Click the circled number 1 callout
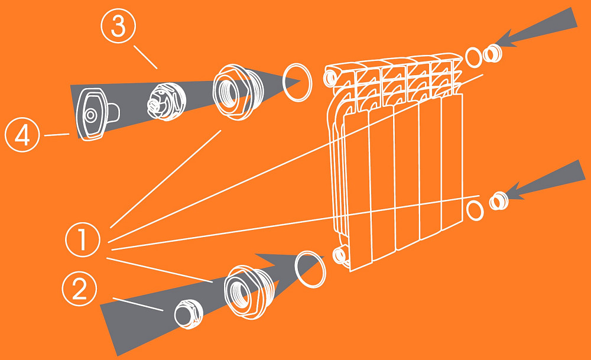click(83, 240)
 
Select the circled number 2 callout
click(80, 288)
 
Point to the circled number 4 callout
click(22, 134)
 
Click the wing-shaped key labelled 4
click(96, 115)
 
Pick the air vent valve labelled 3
click(166, 102)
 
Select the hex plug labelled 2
click(189, 314)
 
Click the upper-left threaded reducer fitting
click(238, 92)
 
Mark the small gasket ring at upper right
click(466, 57)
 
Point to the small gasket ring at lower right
click(467, 210)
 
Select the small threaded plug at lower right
click(499, 201)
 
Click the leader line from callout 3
click(145, 57)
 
